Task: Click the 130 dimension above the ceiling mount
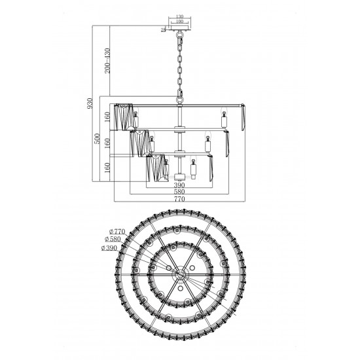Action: click(x=179, y=16)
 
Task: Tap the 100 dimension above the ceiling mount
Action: click(x=179, y=22)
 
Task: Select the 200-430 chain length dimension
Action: click(x=107, y=61)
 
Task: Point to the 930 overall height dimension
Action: click(x=90, y=103)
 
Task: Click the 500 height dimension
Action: click(x=98, y=139)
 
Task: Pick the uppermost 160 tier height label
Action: click(x=107, y=117)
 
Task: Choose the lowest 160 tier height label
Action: click(x=107, y=168)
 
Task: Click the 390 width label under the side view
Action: click(x=179, y=185)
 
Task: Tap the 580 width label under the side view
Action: click(x=179, y=192)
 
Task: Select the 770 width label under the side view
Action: click(x=179, y=199)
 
